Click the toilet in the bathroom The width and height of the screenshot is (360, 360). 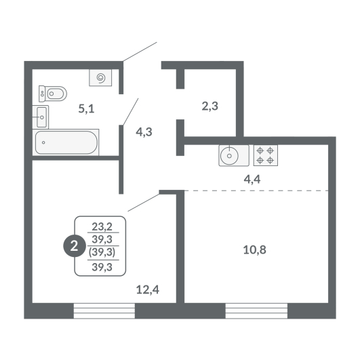(53, 94)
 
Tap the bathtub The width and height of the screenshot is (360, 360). (66, 142)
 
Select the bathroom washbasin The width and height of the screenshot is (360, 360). (41, 117)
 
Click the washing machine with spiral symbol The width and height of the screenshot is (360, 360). (100, 77)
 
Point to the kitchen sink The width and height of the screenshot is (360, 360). (234, 155)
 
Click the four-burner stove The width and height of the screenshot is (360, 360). (265, 155)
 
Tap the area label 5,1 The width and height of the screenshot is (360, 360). (86, 108)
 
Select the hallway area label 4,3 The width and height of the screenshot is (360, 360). (144, 132)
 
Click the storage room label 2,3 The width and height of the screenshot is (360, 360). (210, 106)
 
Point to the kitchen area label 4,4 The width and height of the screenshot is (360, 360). (252, 179)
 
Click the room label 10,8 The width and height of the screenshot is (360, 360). (255, 249)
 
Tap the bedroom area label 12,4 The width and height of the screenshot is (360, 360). (148, 289)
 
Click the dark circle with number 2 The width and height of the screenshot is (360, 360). (74, 247)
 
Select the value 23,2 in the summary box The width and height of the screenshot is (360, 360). (102, 227)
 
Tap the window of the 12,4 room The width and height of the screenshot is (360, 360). (104, 311)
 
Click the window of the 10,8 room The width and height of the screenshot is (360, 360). (256, 311)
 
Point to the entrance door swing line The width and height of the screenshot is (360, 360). (140, 52)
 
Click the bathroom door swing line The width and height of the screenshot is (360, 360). (131, 112)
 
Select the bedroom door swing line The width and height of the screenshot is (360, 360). (144, 203)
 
